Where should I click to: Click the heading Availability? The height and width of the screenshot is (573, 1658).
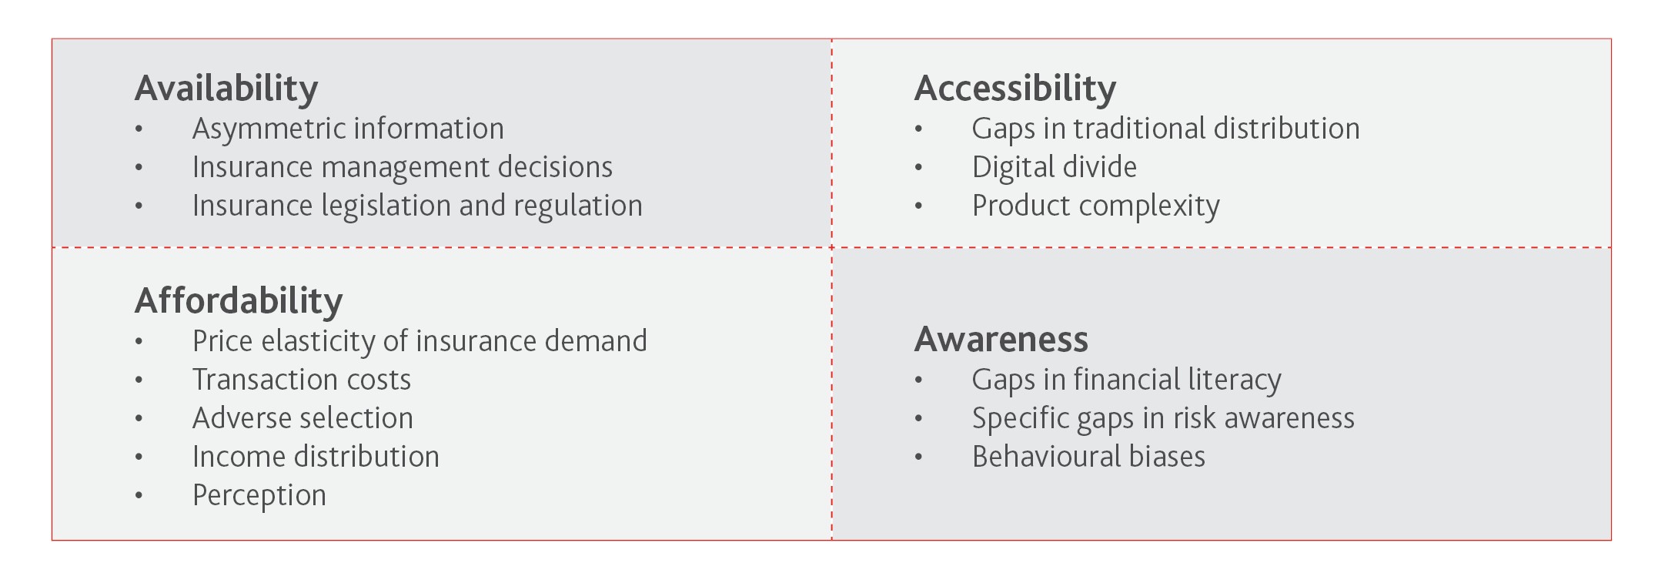[226, 89]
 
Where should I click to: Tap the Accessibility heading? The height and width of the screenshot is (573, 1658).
[1015, 89]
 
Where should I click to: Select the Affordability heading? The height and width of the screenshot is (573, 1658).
[239, 302]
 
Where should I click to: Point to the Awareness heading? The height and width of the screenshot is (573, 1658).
[1001, 340]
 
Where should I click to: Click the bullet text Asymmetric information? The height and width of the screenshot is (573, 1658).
[348, 129]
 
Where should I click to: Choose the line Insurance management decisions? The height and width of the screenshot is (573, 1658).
[403, 168]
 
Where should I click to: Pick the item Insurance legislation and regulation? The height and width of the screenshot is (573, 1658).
[417, 206]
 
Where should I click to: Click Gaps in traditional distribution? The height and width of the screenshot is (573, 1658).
[1165, 129]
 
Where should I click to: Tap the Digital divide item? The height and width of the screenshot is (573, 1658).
[1054, 168]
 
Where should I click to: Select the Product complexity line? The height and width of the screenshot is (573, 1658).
[1095, 206]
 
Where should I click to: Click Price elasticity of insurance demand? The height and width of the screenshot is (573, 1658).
[420, 342]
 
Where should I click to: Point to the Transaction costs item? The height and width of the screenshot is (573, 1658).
[302, 380]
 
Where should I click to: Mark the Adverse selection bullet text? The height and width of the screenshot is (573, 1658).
[303, 418]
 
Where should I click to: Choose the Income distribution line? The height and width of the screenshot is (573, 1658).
[316, 457]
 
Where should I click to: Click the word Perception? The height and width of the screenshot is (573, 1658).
[259, 496]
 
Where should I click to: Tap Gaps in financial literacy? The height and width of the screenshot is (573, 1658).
[1126, 380]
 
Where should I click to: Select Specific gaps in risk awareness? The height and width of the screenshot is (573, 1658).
[1163, 419]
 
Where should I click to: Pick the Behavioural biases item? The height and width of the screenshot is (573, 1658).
[1088, 457]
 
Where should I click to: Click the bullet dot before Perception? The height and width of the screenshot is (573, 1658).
[139, 496]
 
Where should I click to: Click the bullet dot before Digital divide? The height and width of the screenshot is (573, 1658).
[918, 168]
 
